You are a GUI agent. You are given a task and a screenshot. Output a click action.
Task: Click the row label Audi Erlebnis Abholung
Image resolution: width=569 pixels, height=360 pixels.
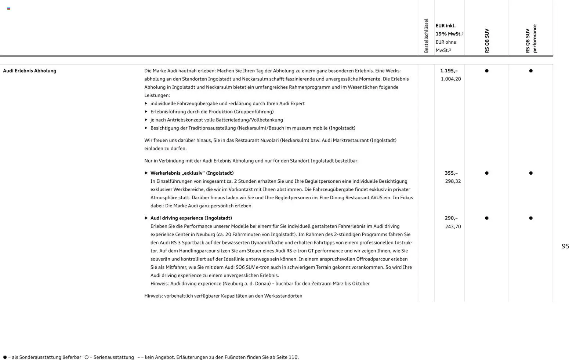click(29, 71)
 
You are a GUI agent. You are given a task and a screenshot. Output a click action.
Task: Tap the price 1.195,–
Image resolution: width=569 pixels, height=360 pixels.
click(449, 71)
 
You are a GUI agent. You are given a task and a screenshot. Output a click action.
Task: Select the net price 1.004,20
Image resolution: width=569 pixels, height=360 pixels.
click(450, 79)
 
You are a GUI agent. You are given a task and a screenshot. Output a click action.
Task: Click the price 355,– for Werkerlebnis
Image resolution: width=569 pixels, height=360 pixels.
click(451, 173)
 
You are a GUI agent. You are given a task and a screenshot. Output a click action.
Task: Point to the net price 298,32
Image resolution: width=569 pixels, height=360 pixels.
click(453, 181)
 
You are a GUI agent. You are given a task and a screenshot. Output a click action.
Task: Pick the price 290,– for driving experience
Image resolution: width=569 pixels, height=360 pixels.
click(451, 218)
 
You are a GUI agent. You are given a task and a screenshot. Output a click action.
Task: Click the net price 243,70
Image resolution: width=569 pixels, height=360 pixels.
click(453, 226)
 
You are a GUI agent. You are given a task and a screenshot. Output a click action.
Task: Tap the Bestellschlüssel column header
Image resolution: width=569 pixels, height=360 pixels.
click(426, 36)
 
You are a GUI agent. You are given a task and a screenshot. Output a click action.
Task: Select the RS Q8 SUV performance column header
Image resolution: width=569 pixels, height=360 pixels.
click(531, 39)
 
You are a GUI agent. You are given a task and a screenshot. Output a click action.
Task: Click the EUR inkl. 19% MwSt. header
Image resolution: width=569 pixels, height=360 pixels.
click(449, 30)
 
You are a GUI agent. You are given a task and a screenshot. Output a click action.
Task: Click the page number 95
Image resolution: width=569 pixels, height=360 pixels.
click(565, 246)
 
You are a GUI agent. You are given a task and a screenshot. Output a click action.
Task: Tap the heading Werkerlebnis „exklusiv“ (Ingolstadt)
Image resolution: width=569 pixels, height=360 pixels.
click(192, 173)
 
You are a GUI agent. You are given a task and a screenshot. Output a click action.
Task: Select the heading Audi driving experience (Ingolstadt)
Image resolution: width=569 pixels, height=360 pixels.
click(191, 218)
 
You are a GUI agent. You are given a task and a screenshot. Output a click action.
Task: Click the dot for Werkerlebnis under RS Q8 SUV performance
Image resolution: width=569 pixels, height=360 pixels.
click(531, 173)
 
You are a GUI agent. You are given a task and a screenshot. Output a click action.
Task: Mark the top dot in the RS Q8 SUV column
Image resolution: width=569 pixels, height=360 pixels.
click(487, 71)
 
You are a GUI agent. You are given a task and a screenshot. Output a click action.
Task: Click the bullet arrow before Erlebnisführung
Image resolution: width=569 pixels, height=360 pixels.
click(146, 112)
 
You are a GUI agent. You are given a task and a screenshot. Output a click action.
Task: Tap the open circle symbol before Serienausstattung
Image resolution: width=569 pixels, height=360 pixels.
click(87, 357)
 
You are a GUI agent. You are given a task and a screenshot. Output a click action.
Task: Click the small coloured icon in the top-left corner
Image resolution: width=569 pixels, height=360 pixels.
click(9, 9)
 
